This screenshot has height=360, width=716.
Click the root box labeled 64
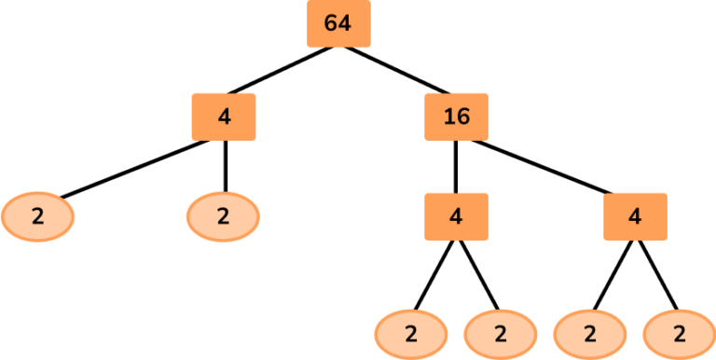pos(338,23)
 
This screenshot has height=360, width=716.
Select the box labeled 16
pos(456,117)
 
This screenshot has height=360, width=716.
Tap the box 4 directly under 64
pos(223,117)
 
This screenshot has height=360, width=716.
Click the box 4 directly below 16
pos(455,215)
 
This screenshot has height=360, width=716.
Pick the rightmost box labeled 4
pos(635,215)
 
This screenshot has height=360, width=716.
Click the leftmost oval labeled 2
pos(37,216)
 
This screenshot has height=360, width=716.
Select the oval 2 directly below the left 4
pos(223,216)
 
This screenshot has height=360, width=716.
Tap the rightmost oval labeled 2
pos(678,333)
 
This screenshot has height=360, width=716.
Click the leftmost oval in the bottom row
pos(411,333)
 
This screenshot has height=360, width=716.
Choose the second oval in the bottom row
pos(500,333)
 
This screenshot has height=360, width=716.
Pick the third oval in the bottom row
pos(589,333)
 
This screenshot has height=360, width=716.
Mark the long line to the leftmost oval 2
pos(131,169)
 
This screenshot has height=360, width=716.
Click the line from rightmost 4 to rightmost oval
pos(656,274)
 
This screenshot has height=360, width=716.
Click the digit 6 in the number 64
pos(331,23)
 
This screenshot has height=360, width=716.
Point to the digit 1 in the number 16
pos(448,117)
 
